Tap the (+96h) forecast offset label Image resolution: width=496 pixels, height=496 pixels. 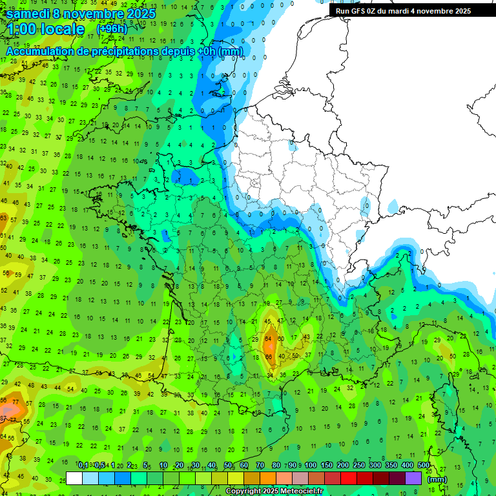pyautogui.click(x=112, y=29)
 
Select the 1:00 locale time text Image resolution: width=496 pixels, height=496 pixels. pyautogui.click(x=45, y=29)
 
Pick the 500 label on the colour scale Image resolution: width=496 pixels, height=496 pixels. pyautogui.click(x=423, y=466)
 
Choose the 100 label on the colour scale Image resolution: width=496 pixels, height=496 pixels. pyautogui.click(x=310, y=466)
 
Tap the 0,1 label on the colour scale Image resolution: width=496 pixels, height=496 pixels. pyautogui.click(x=83, y=466)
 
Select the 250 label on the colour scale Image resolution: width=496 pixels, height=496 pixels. pyautogui.click(x=358, y=466)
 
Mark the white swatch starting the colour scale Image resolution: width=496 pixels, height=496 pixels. pyautogui.click(x=74, y=478)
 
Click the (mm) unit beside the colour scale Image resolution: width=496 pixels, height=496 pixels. pyautogui.click(x=437, y=479)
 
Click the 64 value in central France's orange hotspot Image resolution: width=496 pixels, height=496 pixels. pyautogui.click(x=268, y=338)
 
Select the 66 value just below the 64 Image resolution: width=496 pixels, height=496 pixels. pyautogui.click(x=269, y=356)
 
